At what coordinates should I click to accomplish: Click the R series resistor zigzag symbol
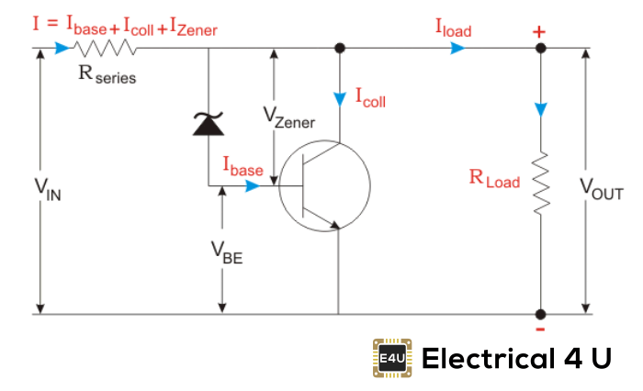(105, 49)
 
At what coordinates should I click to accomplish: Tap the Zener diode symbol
(209, 123)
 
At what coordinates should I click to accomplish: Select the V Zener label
(288, 117)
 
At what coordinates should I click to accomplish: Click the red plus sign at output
(539, 32)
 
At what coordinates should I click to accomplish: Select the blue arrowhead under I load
(456, 49)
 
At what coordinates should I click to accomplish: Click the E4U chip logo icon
(393, 357)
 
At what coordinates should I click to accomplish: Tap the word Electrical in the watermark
(484, 357)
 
